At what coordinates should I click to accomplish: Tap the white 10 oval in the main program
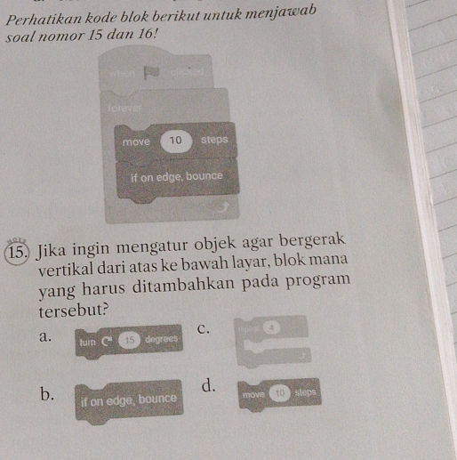(176, 140)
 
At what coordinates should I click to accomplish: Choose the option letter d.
(208, 385)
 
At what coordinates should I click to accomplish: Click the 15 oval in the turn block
(128, 341)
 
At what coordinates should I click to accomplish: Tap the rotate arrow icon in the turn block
(108, 341)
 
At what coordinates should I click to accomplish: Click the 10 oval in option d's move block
(279, 391)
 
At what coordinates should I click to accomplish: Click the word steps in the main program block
(213, 140)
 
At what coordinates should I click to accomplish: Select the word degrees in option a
(159, 342)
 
